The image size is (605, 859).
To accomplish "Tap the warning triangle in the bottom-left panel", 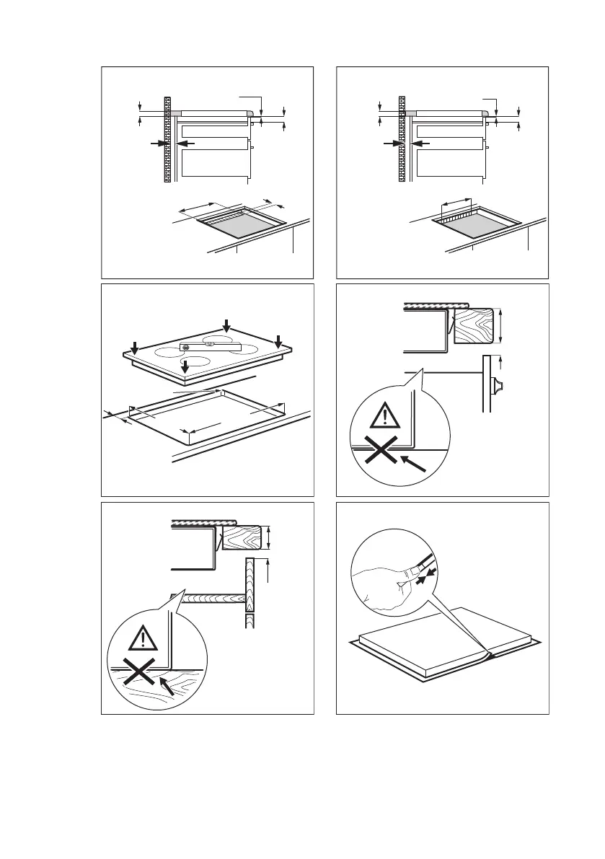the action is [145, 639].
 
